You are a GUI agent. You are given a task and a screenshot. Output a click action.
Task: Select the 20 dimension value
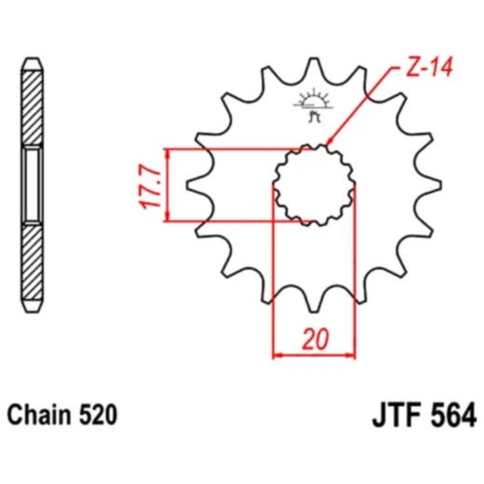coord(314,341)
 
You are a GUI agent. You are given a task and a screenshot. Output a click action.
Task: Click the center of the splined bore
coord(314,184)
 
